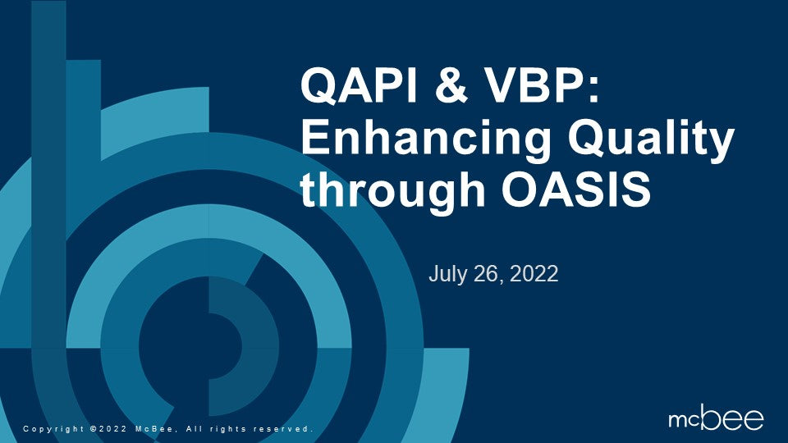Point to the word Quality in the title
tap(651, 140)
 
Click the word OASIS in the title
tap(576, 190)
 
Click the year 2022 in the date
tap(534, 274)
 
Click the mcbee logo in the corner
tap(716, 419)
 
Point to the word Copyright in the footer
tap(54, 429)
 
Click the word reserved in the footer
tap(284, 429)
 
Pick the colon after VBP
tap(594, 90)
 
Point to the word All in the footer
tap(194, 429)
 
